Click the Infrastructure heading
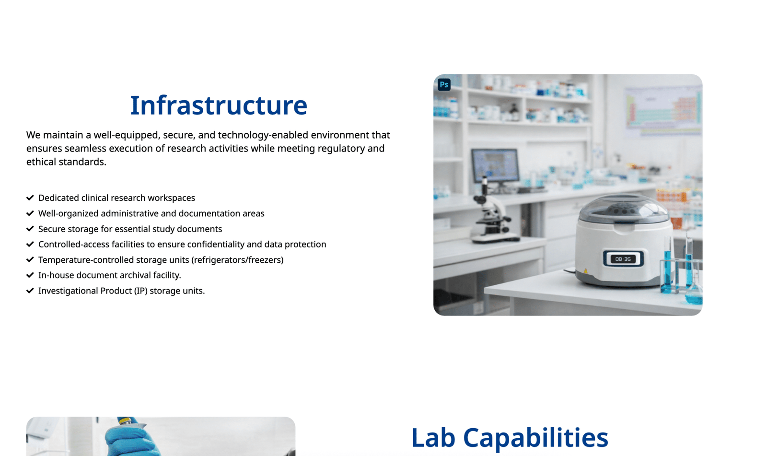click(219, 105)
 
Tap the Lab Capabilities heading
click(510, 438)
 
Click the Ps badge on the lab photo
click(444, 84)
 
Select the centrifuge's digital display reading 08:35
click(623, 259)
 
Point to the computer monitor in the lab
click(495, 166)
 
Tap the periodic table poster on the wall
click(662, 110)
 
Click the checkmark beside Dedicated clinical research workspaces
click(30, 198)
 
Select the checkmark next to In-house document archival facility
click(30, 275)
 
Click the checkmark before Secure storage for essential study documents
click(30, 229)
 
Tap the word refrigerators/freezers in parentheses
click(237, 260)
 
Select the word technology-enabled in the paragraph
click(263, 135)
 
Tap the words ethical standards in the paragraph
click(67, 162)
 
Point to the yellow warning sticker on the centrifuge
click(585, 271)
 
